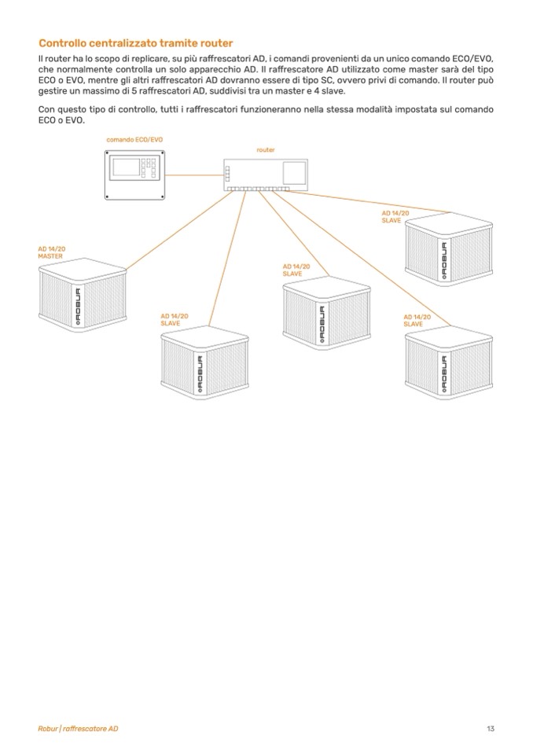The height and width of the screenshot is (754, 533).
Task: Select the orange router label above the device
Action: point(266,149)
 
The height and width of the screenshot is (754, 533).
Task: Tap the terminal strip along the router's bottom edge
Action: point(258,189)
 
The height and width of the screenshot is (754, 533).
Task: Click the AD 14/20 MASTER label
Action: point(51,252)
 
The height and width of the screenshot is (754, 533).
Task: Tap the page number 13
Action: point(491,729)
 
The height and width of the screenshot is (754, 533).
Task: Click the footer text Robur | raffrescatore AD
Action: point(78,729)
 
